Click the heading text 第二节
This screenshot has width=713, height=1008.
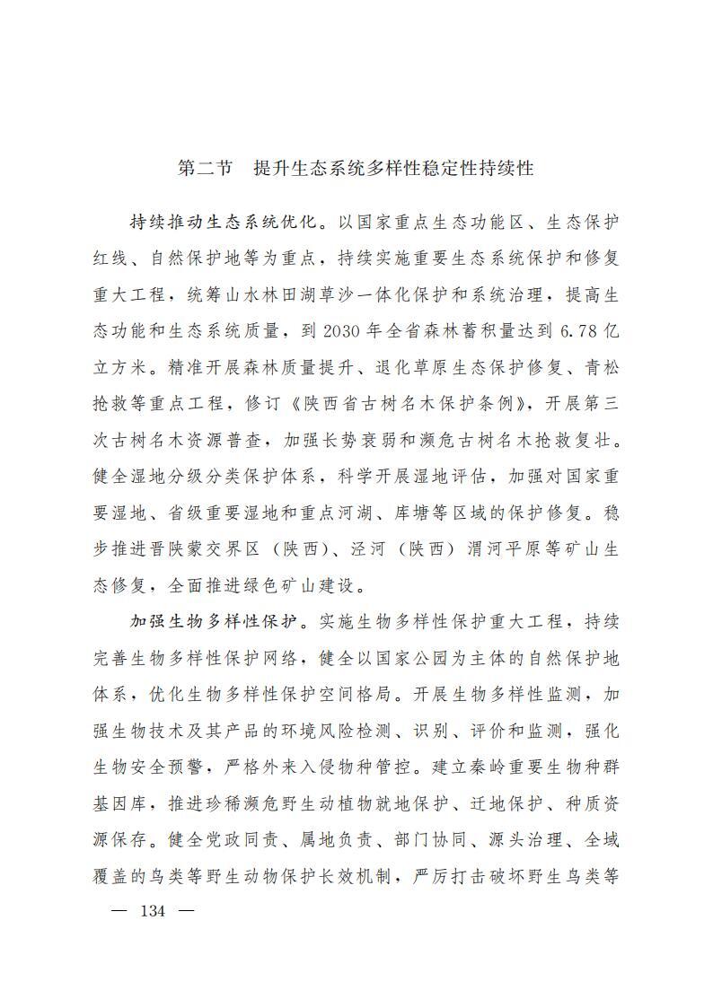(x=206, y=168)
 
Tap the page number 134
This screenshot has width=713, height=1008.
(x=154, y=910)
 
